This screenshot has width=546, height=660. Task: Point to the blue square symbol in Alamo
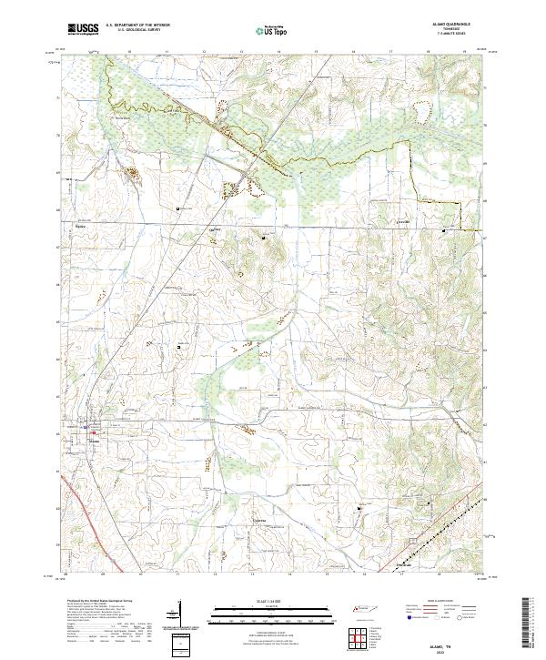84,425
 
